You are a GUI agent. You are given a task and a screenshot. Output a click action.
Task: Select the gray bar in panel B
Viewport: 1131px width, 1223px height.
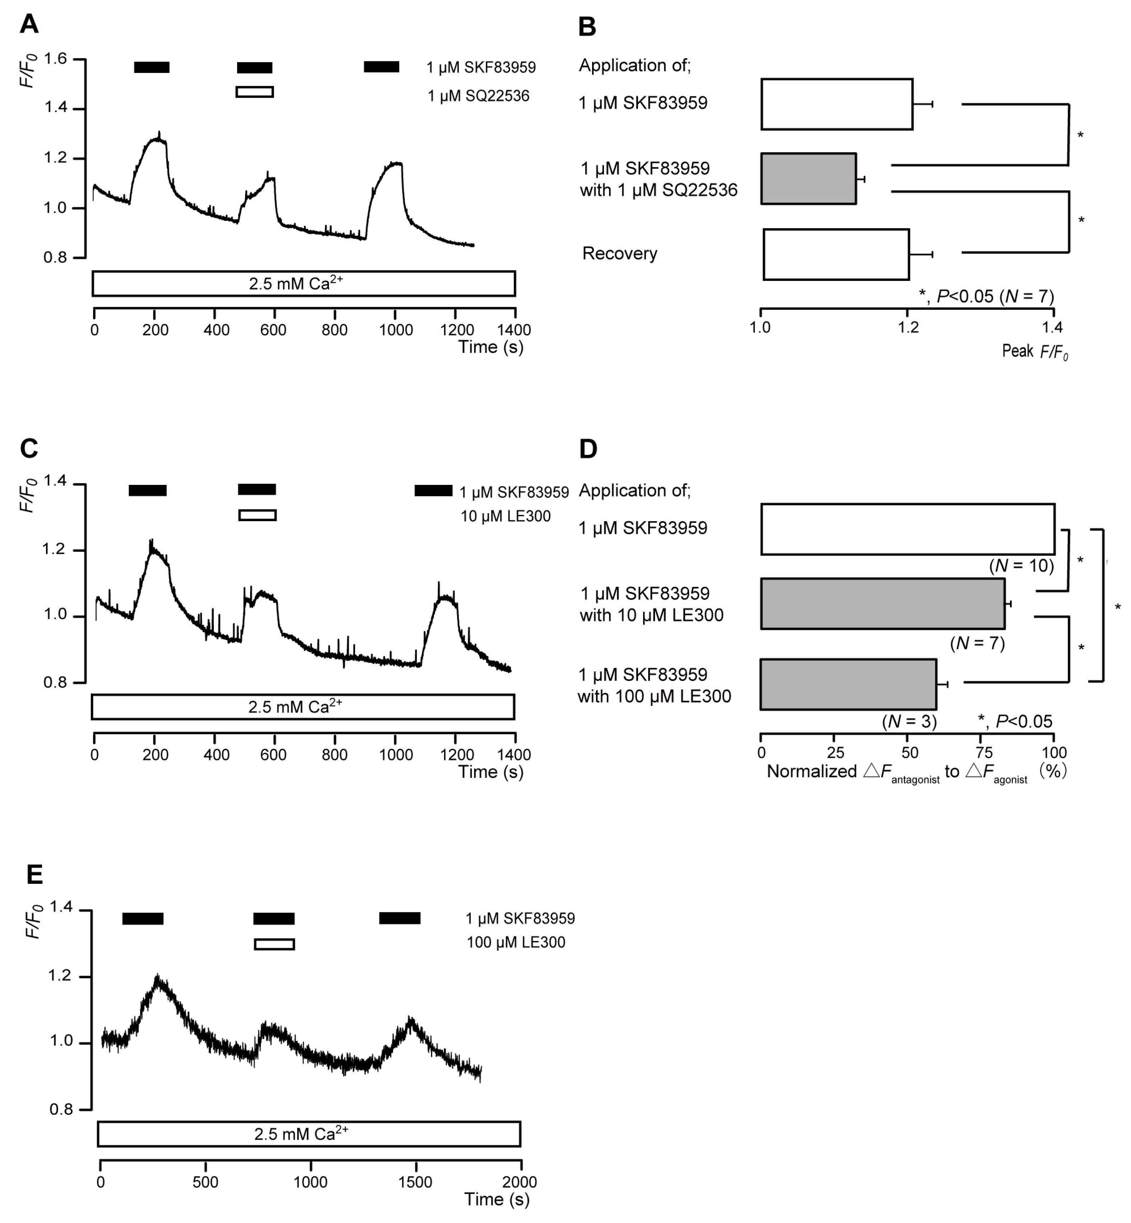808,179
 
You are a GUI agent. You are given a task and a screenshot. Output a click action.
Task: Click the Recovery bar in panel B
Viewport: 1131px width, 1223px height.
836,255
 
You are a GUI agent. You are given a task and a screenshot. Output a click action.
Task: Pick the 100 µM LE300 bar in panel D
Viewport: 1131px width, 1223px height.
848,684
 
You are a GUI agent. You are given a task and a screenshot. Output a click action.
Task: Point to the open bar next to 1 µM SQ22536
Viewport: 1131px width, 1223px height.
255,92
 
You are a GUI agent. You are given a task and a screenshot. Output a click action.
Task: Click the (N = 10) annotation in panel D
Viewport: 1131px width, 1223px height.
1021,566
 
